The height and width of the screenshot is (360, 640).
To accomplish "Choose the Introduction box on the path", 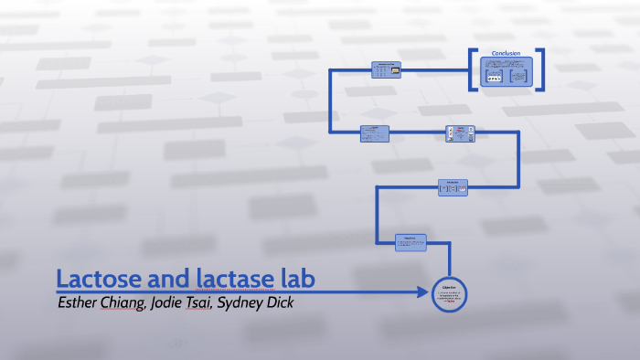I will tap(453, 187).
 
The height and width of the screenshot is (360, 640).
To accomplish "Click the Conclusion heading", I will tap(506, 53).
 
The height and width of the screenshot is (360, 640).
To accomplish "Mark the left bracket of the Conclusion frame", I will tap(474, 69).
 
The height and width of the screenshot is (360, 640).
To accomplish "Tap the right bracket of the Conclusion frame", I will tap(540, 69).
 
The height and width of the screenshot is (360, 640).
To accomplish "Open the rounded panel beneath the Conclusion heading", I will tap(507, 72).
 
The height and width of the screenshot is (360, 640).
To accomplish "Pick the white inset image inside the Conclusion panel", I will tap(494, 78).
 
